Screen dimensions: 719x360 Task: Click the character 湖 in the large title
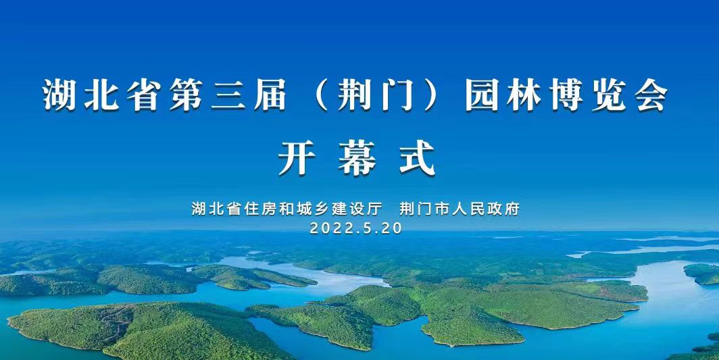(x=59, y=95)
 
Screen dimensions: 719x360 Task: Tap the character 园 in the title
(x=481, y=95)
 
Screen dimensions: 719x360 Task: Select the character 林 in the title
(x=524, y=95)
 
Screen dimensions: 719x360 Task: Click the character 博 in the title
(x=566, y=95)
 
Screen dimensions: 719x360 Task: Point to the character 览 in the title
(x=608, y=95)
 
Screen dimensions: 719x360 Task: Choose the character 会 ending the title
(x=651, y=95)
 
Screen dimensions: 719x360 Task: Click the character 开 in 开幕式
(x=296, y=158)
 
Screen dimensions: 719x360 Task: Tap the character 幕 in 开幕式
(x=357, y=158)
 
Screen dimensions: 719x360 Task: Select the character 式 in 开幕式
(x=418, y=158)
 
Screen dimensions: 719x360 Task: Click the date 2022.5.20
(x=356, y=228)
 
